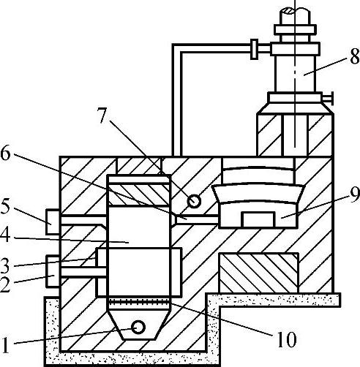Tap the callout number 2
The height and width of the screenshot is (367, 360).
[x=5, y=284]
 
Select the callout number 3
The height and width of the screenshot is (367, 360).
[x=5, y=265]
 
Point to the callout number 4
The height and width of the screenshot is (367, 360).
[x=5, y=237]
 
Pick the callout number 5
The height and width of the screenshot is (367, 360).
[x=5, y=207]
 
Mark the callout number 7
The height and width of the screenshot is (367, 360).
[x=102, y=116]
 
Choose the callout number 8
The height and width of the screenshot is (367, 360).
[x=354, y=57]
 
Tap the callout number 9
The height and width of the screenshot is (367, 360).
[x=354, y=195]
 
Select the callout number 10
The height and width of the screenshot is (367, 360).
[x=287, y=339]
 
